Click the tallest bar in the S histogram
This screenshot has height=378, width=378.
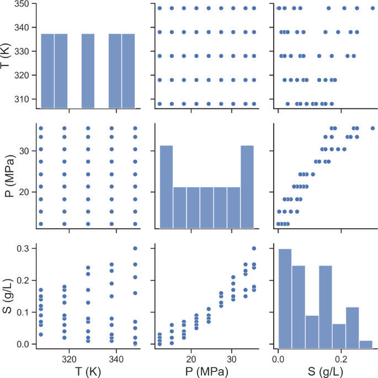[285, 298]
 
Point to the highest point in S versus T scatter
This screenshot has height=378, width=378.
[135, 248]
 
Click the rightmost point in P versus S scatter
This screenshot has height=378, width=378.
[372, 128]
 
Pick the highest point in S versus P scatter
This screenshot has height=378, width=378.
[254, 248]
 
